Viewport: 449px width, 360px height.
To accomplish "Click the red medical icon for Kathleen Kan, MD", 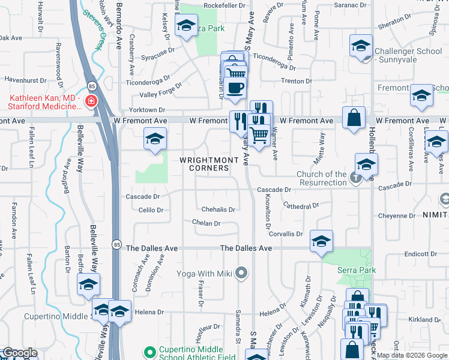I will click(x=91, y=101).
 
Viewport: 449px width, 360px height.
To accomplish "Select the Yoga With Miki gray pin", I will click(x=241, y=274).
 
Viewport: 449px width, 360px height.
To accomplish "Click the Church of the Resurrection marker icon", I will click(x=356, y=178).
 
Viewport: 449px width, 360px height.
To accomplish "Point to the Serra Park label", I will click(x=357, y=270).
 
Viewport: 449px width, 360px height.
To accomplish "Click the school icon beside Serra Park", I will click(x=321, y=241).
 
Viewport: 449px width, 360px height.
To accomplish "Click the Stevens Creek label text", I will click(x=93, y=30).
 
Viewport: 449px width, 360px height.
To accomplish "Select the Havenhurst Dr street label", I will click(x=25, y=79).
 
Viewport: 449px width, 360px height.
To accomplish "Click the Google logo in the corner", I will click(x=20, y=353).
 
